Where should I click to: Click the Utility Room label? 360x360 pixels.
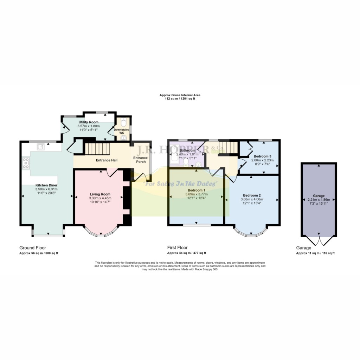[x=89, y=122]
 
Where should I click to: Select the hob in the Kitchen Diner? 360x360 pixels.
[x=26, y=163]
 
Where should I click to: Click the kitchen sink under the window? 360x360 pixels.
[x=41, y=146]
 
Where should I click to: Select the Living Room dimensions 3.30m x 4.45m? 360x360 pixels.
[x=101, y=198]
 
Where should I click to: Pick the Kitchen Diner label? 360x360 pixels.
[x=46, y=185]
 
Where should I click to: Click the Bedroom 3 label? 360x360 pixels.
[x=262, y=156]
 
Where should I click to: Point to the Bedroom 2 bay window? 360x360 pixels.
[x=251, y=233]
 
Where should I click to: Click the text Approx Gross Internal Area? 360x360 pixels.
[x=180, y=95]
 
